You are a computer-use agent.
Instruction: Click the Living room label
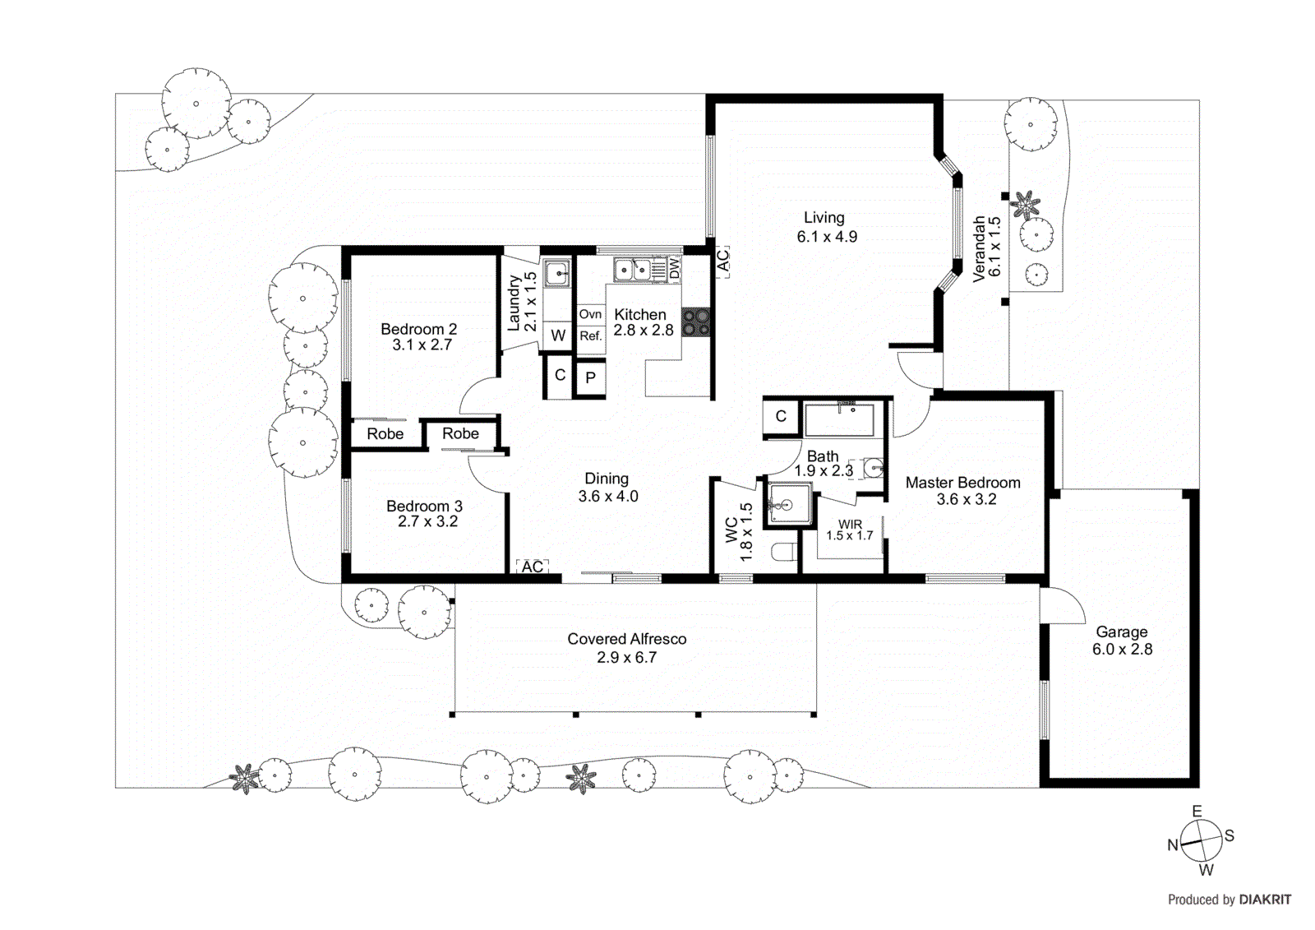pos(824,218)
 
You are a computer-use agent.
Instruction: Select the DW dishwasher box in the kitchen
pos(674,269)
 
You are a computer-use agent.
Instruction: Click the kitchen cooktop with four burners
pos(696,322)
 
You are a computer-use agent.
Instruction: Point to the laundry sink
pos(557,272)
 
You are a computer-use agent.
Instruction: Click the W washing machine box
pos(558,335)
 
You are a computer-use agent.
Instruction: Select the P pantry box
pos(590,379)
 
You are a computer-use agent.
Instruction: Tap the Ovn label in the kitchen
pos(590,314)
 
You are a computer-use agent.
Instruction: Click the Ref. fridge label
pos(590,335)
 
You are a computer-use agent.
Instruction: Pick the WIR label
pos(850,524)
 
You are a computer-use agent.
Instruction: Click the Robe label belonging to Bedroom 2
pos(385,434)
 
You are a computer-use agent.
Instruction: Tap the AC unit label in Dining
pos(533,567)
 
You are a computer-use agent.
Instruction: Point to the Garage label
pos(1121,632)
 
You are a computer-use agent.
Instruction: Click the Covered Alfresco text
pos(626,639)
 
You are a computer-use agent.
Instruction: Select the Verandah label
pos(979,249)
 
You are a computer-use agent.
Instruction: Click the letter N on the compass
pos(1173,845)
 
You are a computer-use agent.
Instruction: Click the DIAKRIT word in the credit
pos(1265,900)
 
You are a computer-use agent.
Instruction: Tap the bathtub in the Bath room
pos(839,420)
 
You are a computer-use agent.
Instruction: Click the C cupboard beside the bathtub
pos(781,416)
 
